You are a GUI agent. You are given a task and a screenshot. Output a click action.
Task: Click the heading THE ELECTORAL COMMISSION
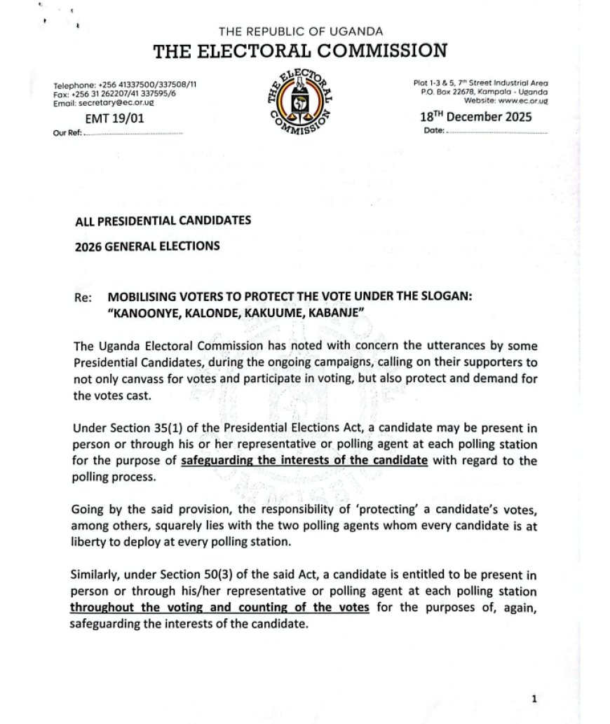pyautogui.click(x=300, y=50)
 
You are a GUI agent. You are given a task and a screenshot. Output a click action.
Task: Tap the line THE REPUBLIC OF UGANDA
pyautogui.click(x=301, y=31)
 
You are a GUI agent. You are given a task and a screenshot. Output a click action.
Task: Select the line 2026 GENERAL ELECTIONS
pyautogui.click(x=147, y=246)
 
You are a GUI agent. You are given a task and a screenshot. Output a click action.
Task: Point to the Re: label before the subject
pyautogui.click(x=83, y=297)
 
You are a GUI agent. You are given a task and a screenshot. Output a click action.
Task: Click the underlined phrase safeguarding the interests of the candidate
pyautogui.click(x=304, y=461)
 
